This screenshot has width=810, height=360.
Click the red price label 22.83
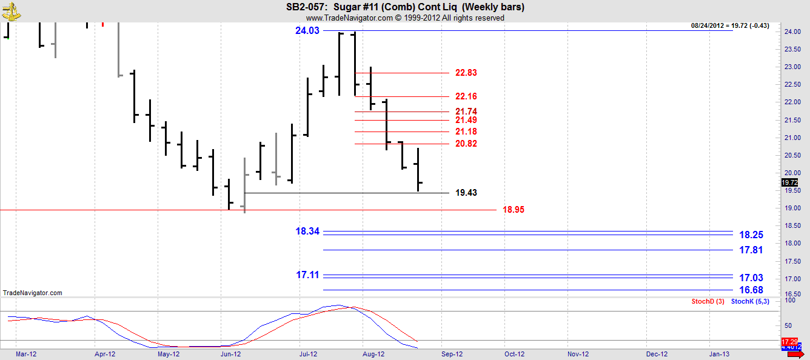[x=466, y=73]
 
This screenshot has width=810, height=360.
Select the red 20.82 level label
[x=466, y=144]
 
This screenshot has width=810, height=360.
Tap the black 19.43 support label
[x=466, y=193]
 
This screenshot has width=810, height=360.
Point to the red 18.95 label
[x=513, y=210]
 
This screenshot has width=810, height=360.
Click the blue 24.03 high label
[x=307, y=31]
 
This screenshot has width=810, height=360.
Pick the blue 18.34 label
[x=307, y=231]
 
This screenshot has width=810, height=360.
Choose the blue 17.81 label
[x=751, y=250]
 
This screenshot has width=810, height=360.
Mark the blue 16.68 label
[x=751, y=290]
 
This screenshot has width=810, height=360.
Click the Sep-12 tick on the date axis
[x=452, y=354]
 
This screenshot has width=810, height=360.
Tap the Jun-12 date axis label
[x=230, y=354]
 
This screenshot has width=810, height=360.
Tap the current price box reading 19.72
[x=789, y=182]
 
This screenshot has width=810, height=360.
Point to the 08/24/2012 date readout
[x=711, y=25]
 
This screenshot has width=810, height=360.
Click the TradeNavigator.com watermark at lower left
[x=33, y=293]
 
